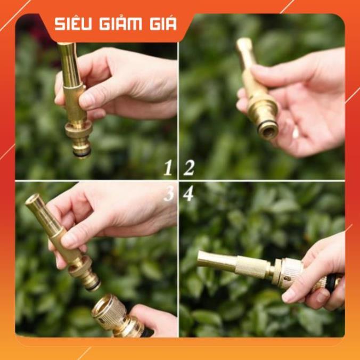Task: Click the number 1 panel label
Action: point(168,169)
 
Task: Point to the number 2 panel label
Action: point(189,169)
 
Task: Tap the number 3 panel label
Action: point(169,194)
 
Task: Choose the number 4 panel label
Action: point(188,194)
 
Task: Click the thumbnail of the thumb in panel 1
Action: point(88,99)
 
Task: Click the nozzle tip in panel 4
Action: point(202,258)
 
